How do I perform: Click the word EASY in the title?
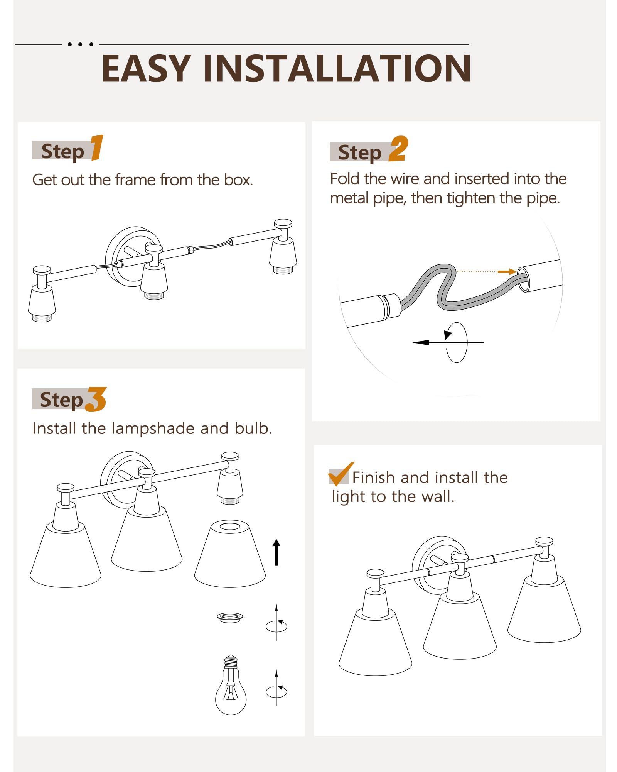[146, 68]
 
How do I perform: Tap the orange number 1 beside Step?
[97, 147]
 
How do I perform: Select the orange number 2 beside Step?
[398, 149]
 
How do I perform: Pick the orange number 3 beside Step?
[96, 400]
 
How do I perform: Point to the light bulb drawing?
[231, 685]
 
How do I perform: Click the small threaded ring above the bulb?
[230, 618]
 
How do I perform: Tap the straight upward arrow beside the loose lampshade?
[276, 552]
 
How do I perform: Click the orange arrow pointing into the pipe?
[507, 272]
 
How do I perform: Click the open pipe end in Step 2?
[523, 279]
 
